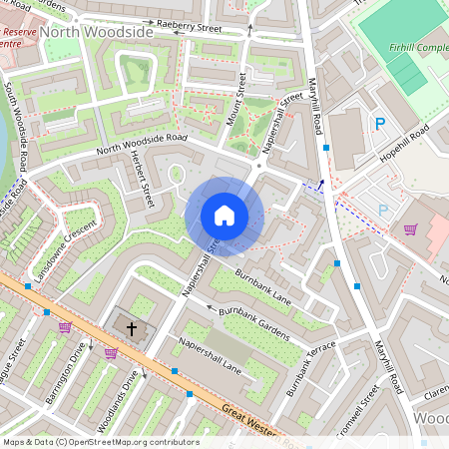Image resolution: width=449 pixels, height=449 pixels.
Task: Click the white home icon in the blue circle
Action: tap(224, 216)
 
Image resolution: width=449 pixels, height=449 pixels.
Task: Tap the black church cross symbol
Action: tap(132, 327)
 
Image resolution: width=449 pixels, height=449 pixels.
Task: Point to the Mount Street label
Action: tap(238, 100)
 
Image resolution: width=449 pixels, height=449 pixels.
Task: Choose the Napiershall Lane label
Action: tap(211, 355)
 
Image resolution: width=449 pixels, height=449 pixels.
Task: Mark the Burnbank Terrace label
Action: tap(312, 368)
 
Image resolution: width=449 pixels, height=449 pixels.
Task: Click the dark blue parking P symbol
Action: tap(379, 124)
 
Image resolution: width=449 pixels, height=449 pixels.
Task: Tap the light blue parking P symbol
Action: tap(383, 211)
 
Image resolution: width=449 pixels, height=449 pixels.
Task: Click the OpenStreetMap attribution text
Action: tap(100, 442)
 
